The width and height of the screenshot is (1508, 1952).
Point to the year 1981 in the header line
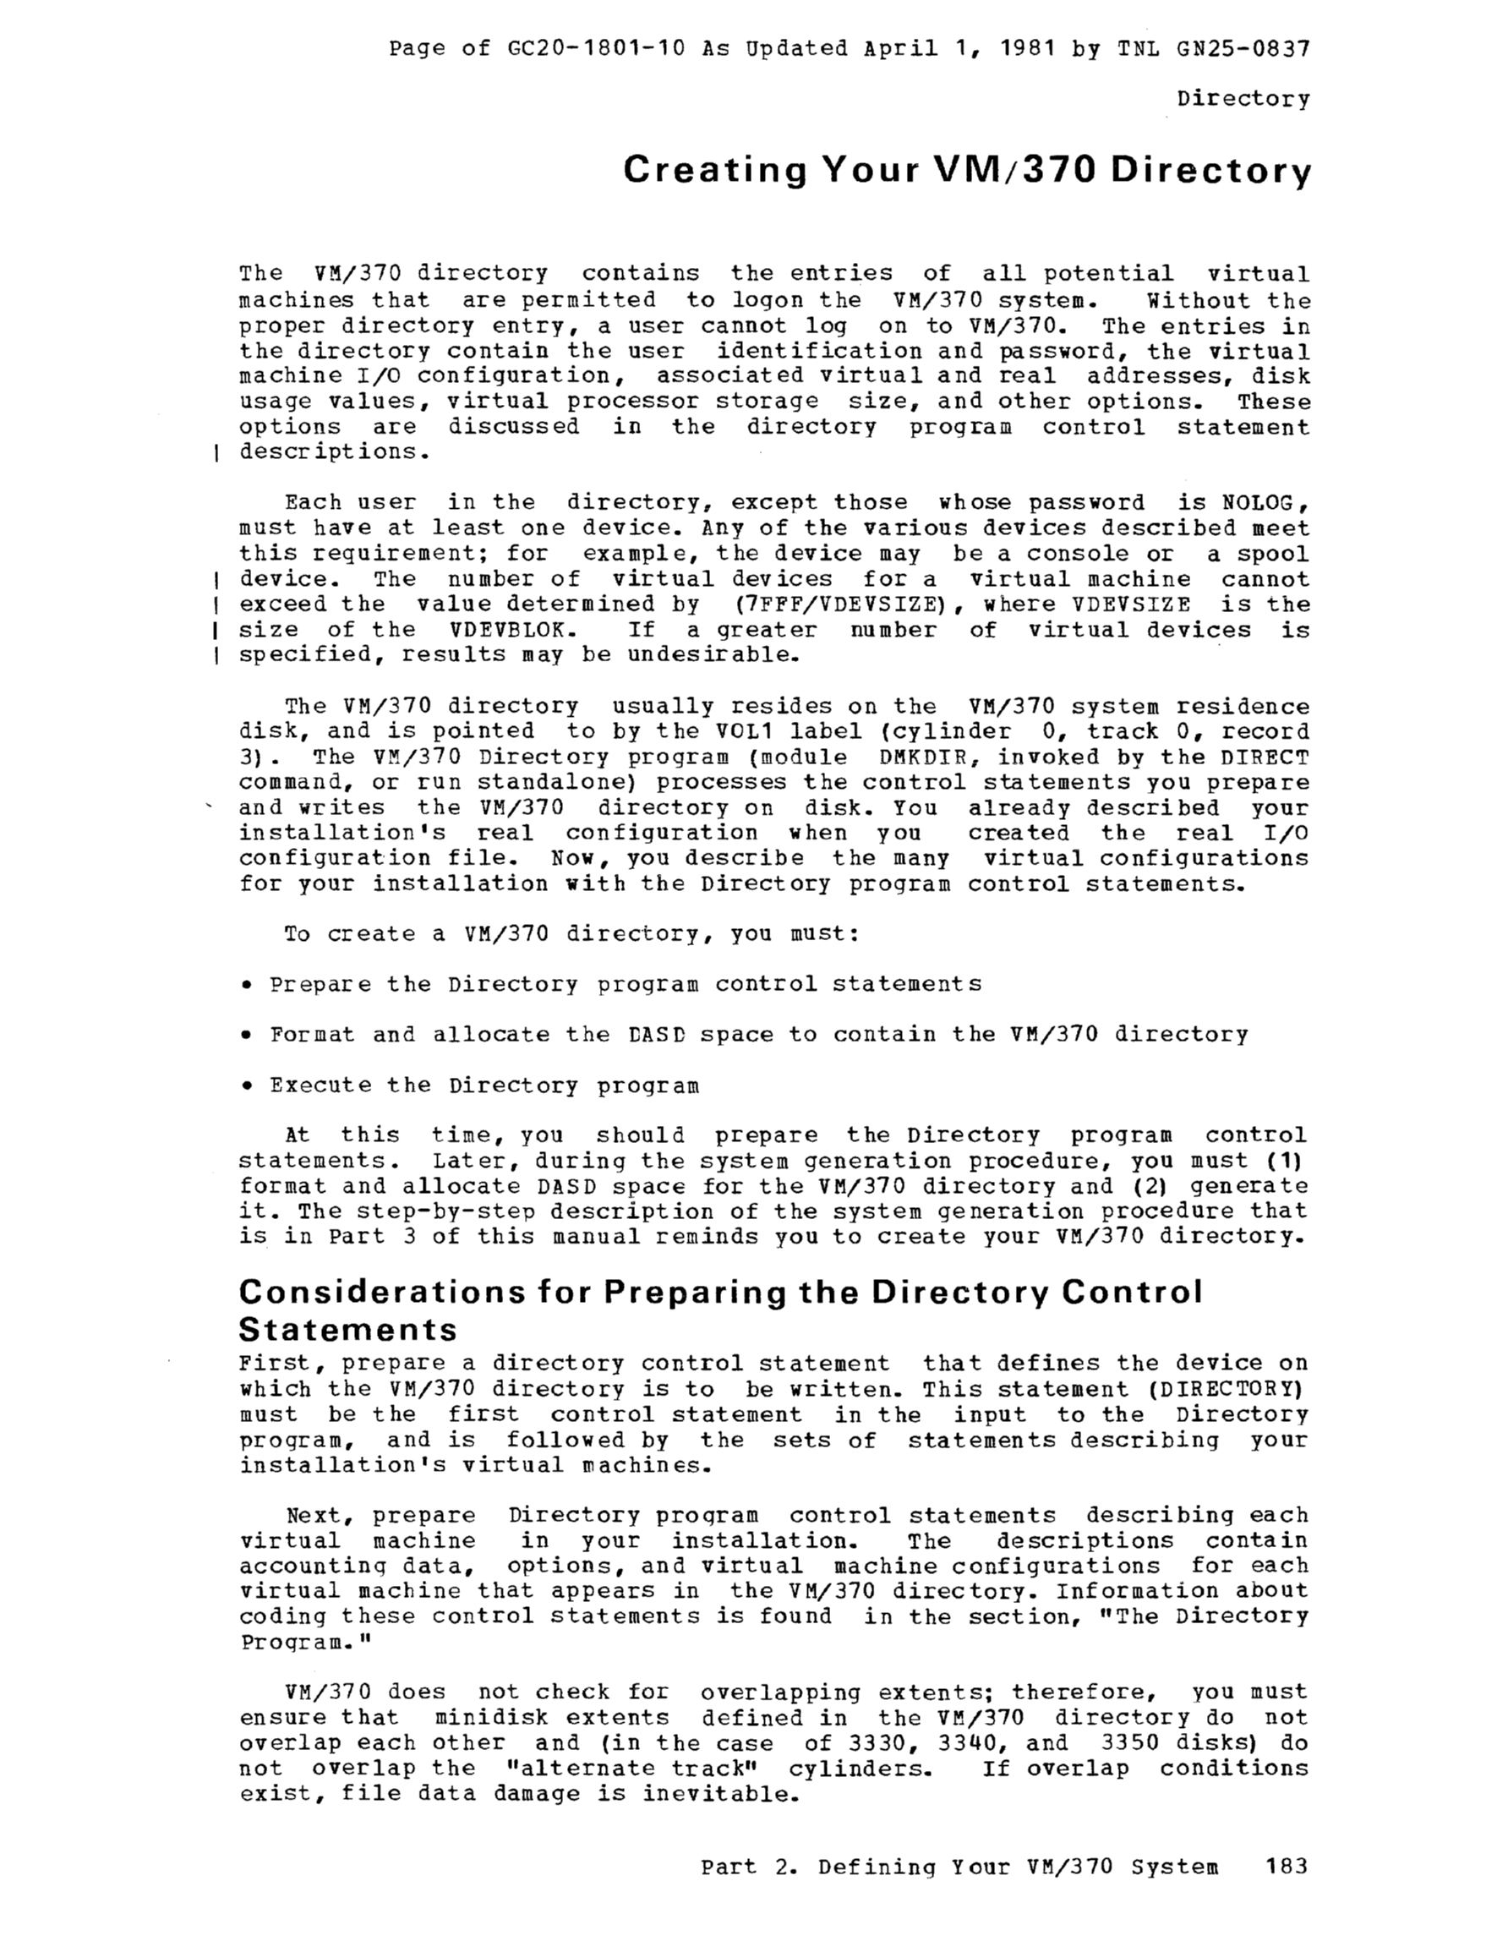click(1027, 48)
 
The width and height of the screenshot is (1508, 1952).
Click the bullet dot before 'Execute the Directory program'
click(246, 1086)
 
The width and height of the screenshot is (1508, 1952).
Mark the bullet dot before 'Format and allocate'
click(246, 1035)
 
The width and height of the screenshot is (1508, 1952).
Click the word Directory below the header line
click(1243, 98)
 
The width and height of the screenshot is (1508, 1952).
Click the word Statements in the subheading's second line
click(347, 1330)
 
